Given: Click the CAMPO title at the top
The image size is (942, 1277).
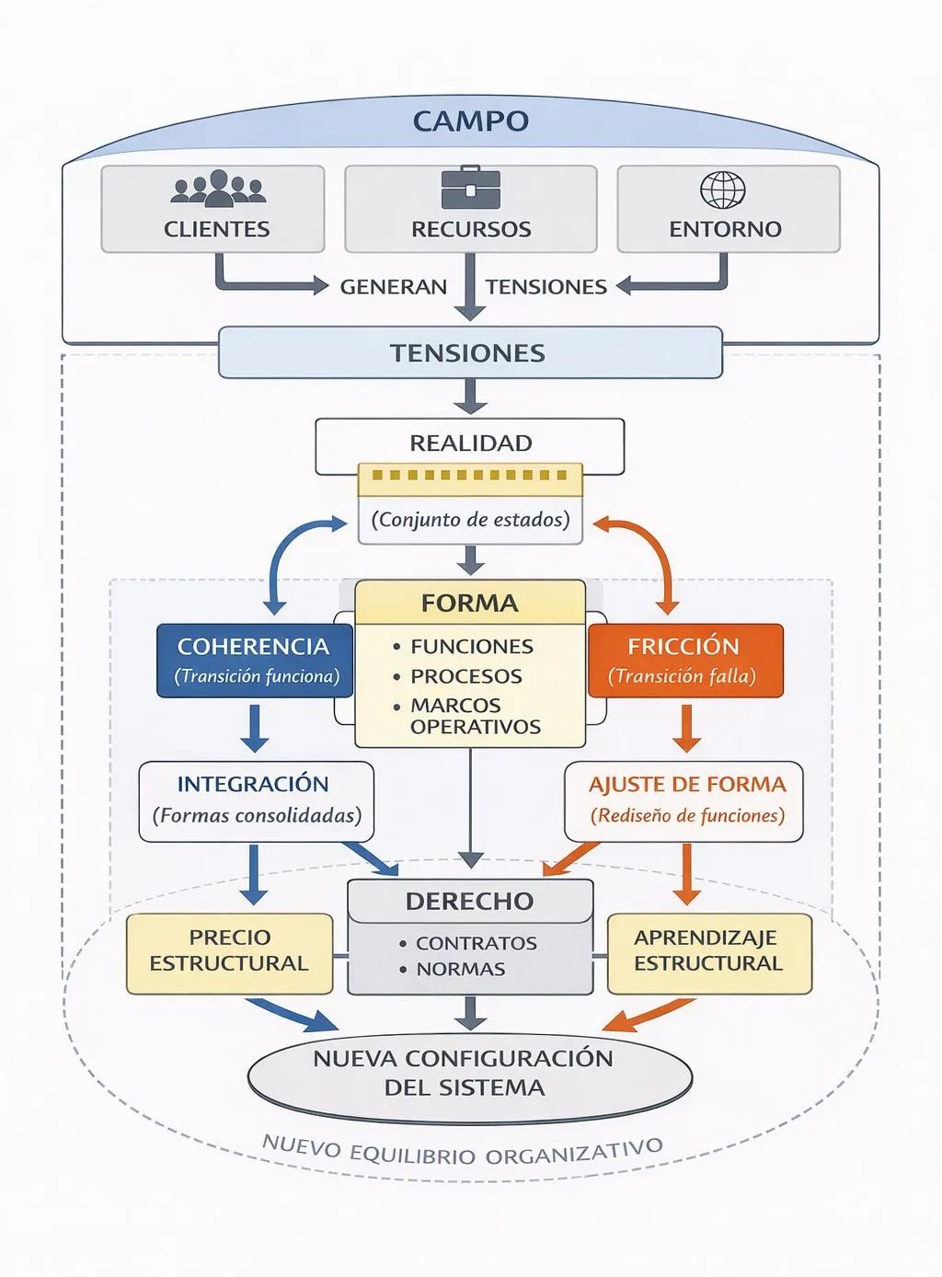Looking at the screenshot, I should pos(470,121).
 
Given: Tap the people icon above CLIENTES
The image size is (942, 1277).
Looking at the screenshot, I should pos(218,189).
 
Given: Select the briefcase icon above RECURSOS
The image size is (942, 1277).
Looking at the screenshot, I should pos(470,189).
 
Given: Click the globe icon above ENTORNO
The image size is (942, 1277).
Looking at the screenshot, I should pos(723,190).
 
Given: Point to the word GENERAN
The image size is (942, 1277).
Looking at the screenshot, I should pos(393,287).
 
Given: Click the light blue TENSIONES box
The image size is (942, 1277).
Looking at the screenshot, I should pos(469,353).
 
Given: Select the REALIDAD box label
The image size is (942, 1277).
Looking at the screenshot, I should pos(470,443).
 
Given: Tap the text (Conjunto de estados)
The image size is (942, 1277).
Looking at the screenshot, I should pos(470,520).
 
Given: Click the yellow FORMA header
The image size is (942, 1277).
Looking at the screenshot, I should pos(469,603).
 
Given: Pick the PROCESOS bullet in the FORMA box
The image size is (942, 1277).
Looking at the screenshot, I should pos(465,676).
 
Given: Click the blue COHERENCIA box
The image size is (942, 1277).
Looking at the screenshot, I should pos(255,660).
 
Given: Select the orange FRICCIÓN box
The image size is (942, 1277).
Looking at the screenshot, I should pos(684,660).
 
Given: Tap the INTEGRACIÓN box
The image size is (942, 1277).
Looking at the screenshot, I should pos(256,800).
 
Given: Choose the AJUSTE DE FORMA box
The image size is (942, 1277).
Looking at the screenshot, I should pos(685,800).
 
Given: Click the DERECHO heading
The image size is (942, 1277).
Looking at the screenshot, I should pos(469,901).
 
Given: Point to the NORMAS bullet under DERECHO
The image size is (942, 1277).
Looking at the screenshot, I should pos(460,969).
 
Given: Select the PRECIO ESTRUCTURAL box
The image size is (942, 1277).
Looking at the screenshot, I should pos(229,951).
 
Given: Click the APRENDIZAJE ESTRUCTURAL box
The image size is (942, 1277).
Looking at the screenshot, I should pos(708,951).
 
